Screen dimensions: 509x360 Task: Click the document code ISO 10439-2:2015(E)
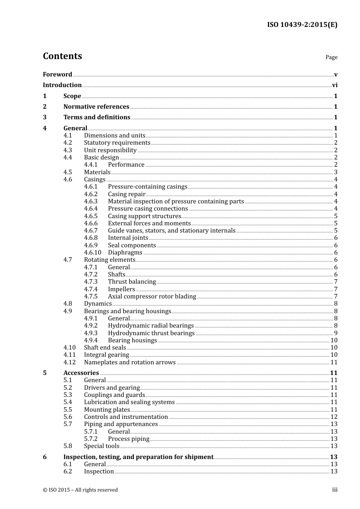(x=302, y=25)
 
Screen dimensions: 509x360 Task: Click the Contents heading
(x=62, y=56)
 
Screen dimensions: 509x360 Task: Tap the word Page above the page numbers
(x=331, y=57)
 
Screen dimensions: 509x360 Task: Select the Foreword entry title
(x=57, y=75)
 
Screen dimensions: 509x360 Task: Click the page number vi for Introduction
(x=335, y=85)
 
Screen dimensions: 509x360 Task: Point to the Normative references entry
(x=96, y=107)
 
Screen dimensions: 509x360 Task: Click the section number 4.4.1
(x=91, y=165)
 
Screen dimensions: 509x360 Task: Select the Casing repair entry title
(x=127, y=194)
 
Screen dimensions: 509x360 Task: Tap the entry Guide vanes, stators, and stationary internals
(x=172, y=231)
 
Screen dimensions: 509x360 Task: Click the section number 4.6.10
(x=92, y=253)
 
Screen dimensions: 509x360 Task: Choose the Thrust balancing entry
(x=132, y=282)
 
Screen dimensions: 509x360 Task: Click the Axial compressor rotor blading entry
(x=152, y=297)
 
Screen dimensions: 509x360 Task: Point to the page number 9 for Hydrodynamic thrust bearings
(x=335, y=333)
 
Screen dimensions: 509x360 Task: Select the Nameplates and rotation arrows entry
(x=130, y=362)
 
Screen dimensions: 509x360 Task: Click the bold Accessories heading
(x=81, y=373)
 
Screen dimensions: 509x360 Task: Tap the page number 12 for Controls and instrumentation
(x=334, y=417)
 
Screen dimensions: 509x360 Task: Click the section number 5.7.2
(x=91, y=439)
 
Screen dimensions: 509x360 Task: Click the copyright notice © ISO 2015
(x=80, y=490)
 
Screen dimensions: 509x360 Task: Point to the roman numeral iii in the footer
(x=335, y=490)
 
